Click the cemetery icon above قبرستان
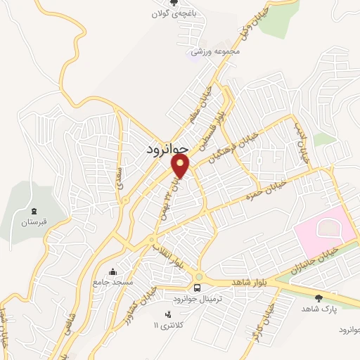[34, 210]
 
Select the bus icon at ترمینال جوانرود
[198, 288]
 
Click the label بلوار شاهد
[247, 282]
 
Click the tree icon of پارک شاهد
[320, 297]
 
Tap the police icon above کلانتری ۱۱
[167, 314]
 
